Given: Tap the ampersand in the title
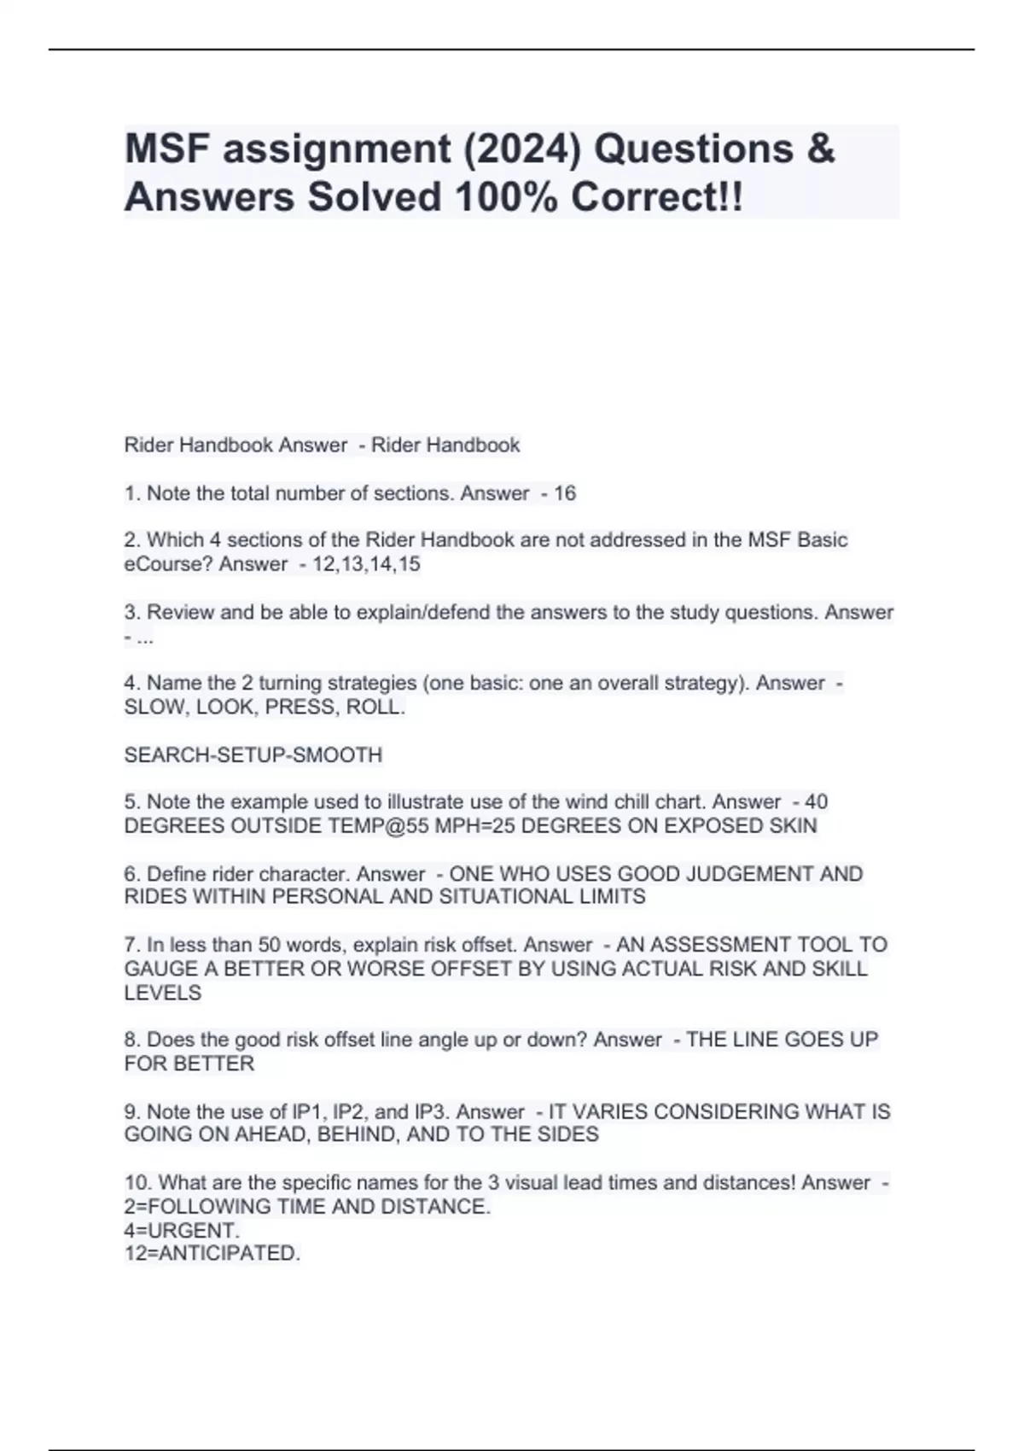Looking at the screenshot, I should pos(819,149).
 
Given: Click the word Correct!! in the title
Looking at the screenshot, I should pos(657,197).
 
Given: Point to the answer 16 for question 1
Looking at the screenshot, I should pos(565,493).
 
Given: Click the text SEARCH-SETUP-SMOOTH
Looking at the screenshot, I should pos(253,755).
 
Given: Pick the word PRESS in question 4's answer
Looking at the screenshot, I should pos(302,708).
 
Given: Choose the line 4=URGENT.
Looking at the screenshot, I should pos(182,1231).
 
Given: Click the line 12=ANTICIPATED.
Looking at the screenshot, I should pos(212,1254).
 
